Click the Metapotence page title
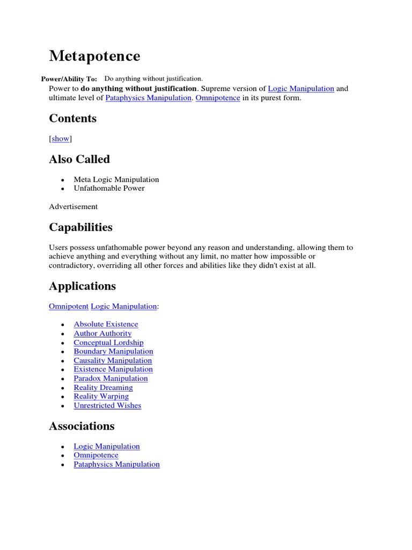[94, 56]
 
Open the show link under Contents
[61, 139]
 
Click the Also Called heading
[79, 159]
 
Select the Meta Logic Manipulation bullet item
[116, 179]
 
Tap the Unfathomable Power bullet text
[109, 189]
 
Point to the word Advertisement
[73, 206]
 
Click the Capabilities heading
[80, 227]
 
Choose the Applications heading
[82, 286]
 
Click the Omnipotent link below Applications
[69, 306]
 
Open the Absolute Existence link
[106, 324]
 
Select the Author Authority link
[102, 334]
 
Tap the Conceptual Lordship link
[108, 343]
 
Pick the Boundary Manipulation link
[113, 351]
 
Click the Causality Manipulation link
[113, 360]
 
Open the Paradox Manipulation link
[111, 379]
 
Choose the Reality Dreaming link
[103, 388]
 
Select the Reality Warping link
[101, 396]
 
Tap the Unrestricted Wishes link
[107, 406]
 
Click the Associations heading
[82, 426]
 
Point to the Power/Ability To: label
[69, 79]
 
